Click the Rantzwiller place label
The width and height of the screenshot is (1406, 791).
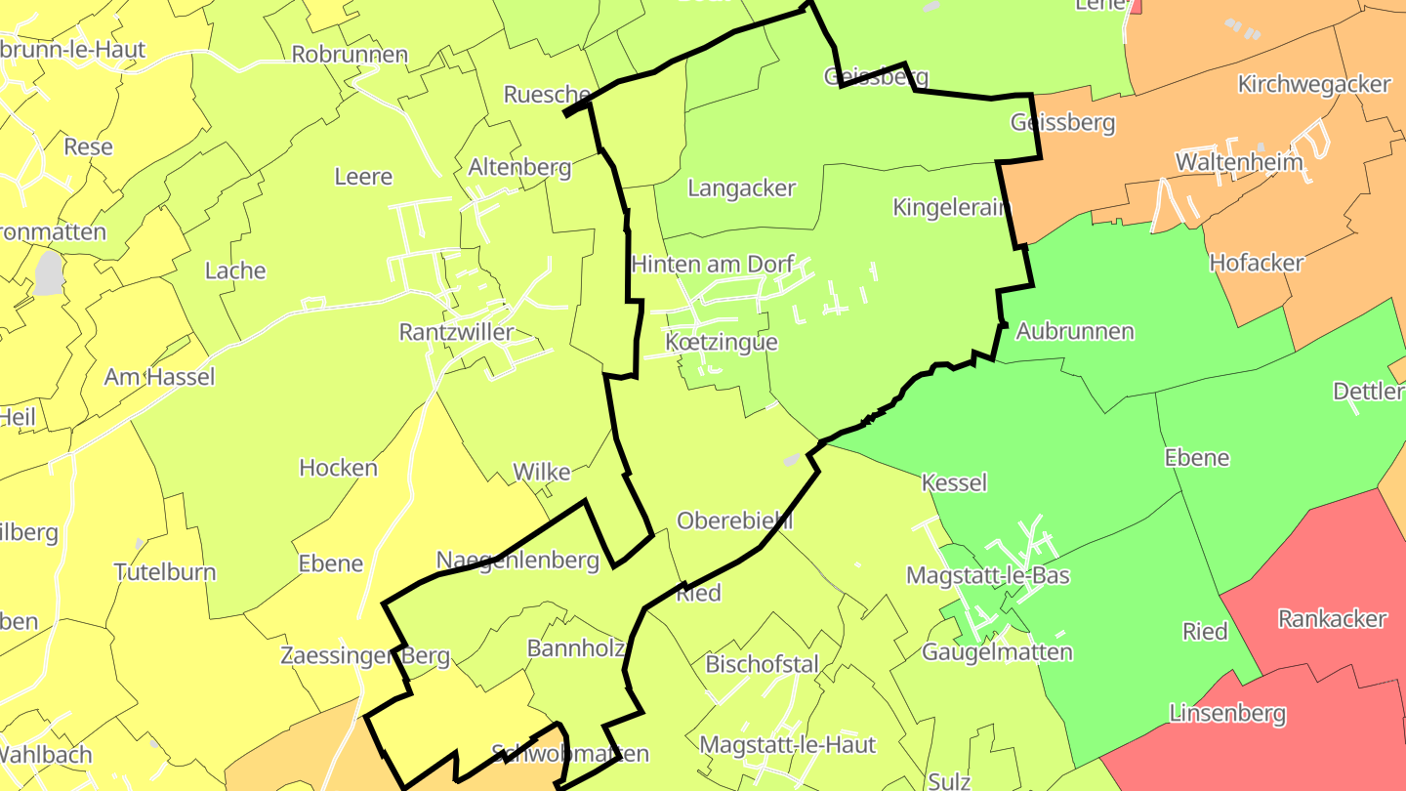tap(456, 332)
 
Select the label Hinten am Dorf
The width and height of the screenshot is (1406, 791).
tap(713, 264)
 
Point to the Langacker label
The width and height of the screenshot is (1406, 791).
tap(742, 187)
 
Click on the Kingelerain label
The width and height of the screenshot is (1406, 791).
tap(950, 207)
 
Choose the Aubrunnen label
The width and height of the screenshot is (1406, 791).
tap(1075, 331)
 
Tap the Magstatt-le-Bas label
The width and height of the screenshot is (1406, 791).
tap(987, 575)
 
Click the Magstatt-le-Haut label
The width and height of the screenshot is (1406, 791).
tap(788, 745)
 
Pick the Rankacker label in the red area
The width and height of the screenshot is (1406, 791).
tap(1332, 618)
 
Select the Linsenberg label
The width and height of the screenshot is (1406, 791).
tap(1227, 713)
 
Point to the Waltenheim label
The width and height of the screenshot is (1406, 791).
tap(1239, 161)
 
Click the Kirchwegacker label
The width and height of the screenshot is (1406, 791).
tap(1313, 84)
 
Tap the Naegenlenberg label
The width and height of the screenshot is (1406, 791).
tap(517, 561)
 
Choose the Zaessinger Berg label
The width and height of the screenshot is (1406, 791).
tap(365, 655)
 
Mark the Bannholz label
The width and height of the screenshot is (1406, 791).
tap(574, 647)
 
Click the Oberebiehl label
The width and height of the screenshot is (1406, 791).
tap(734, 520)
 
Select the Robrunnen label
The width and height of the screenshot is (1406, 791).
tap(350, 54)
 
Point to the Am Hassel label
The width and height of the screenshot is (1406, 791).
tap(159, 376)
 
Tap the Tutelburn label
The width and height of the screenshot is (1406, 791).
tap(164, 571)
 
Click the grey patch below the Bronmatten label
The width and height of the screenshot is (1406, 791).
tap(48, 273)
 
